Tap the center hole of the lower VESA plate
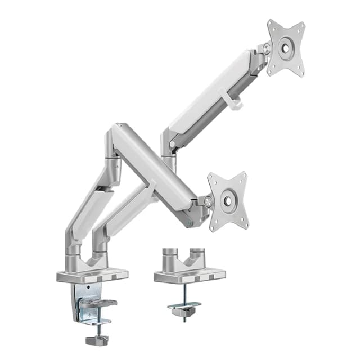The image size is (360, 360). click(x=228, y=201)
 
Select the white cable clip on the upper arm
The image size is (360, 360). click(x=235, y=100)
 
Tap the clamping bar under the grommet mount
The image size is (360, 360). click(x=184, y=306)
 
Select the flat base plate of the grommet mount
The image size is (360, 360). click(x=190, y=275)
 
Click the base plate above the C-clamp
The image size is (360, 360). click(x=92, y=276)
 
